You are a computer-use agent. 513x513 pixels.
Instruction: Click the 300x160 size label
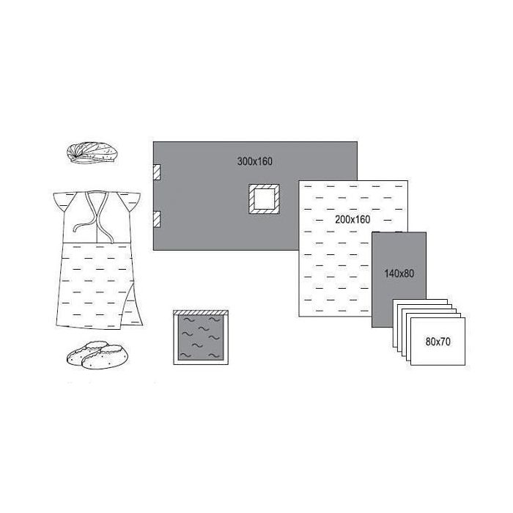[254, 161]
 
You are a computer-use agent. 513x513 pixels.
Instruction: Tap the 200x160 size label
[353, 220]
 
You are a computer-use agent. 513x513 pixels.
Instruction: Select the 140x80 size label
[399, 273]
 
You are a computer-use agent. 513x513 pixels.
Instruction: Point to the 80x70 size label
[438, 342]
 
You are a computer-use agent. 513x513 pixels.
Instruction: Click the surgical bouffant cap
[92, 152]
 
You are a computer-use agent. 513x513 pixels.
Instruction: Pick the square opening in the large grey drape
[264, 199]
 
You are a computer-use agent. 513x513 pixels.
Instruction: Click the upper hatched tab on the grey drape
[157, 172]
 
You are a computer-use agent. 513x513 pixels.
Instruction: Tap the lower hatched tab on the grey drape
[157, 219]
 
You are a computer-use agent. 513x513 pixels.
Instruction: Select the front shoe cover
[105, 358]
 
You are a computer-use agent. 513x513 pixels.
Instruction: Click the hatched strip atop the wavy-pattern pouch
[201, 313]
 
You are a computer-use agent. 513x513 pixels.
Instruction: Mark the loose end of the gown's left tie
[74, 229]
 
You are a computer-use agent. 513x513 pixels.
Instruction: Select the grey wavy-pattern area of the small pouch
[201, 338]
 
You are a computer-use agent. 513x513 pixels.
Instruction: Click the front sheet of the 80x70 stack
[438, 342]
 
